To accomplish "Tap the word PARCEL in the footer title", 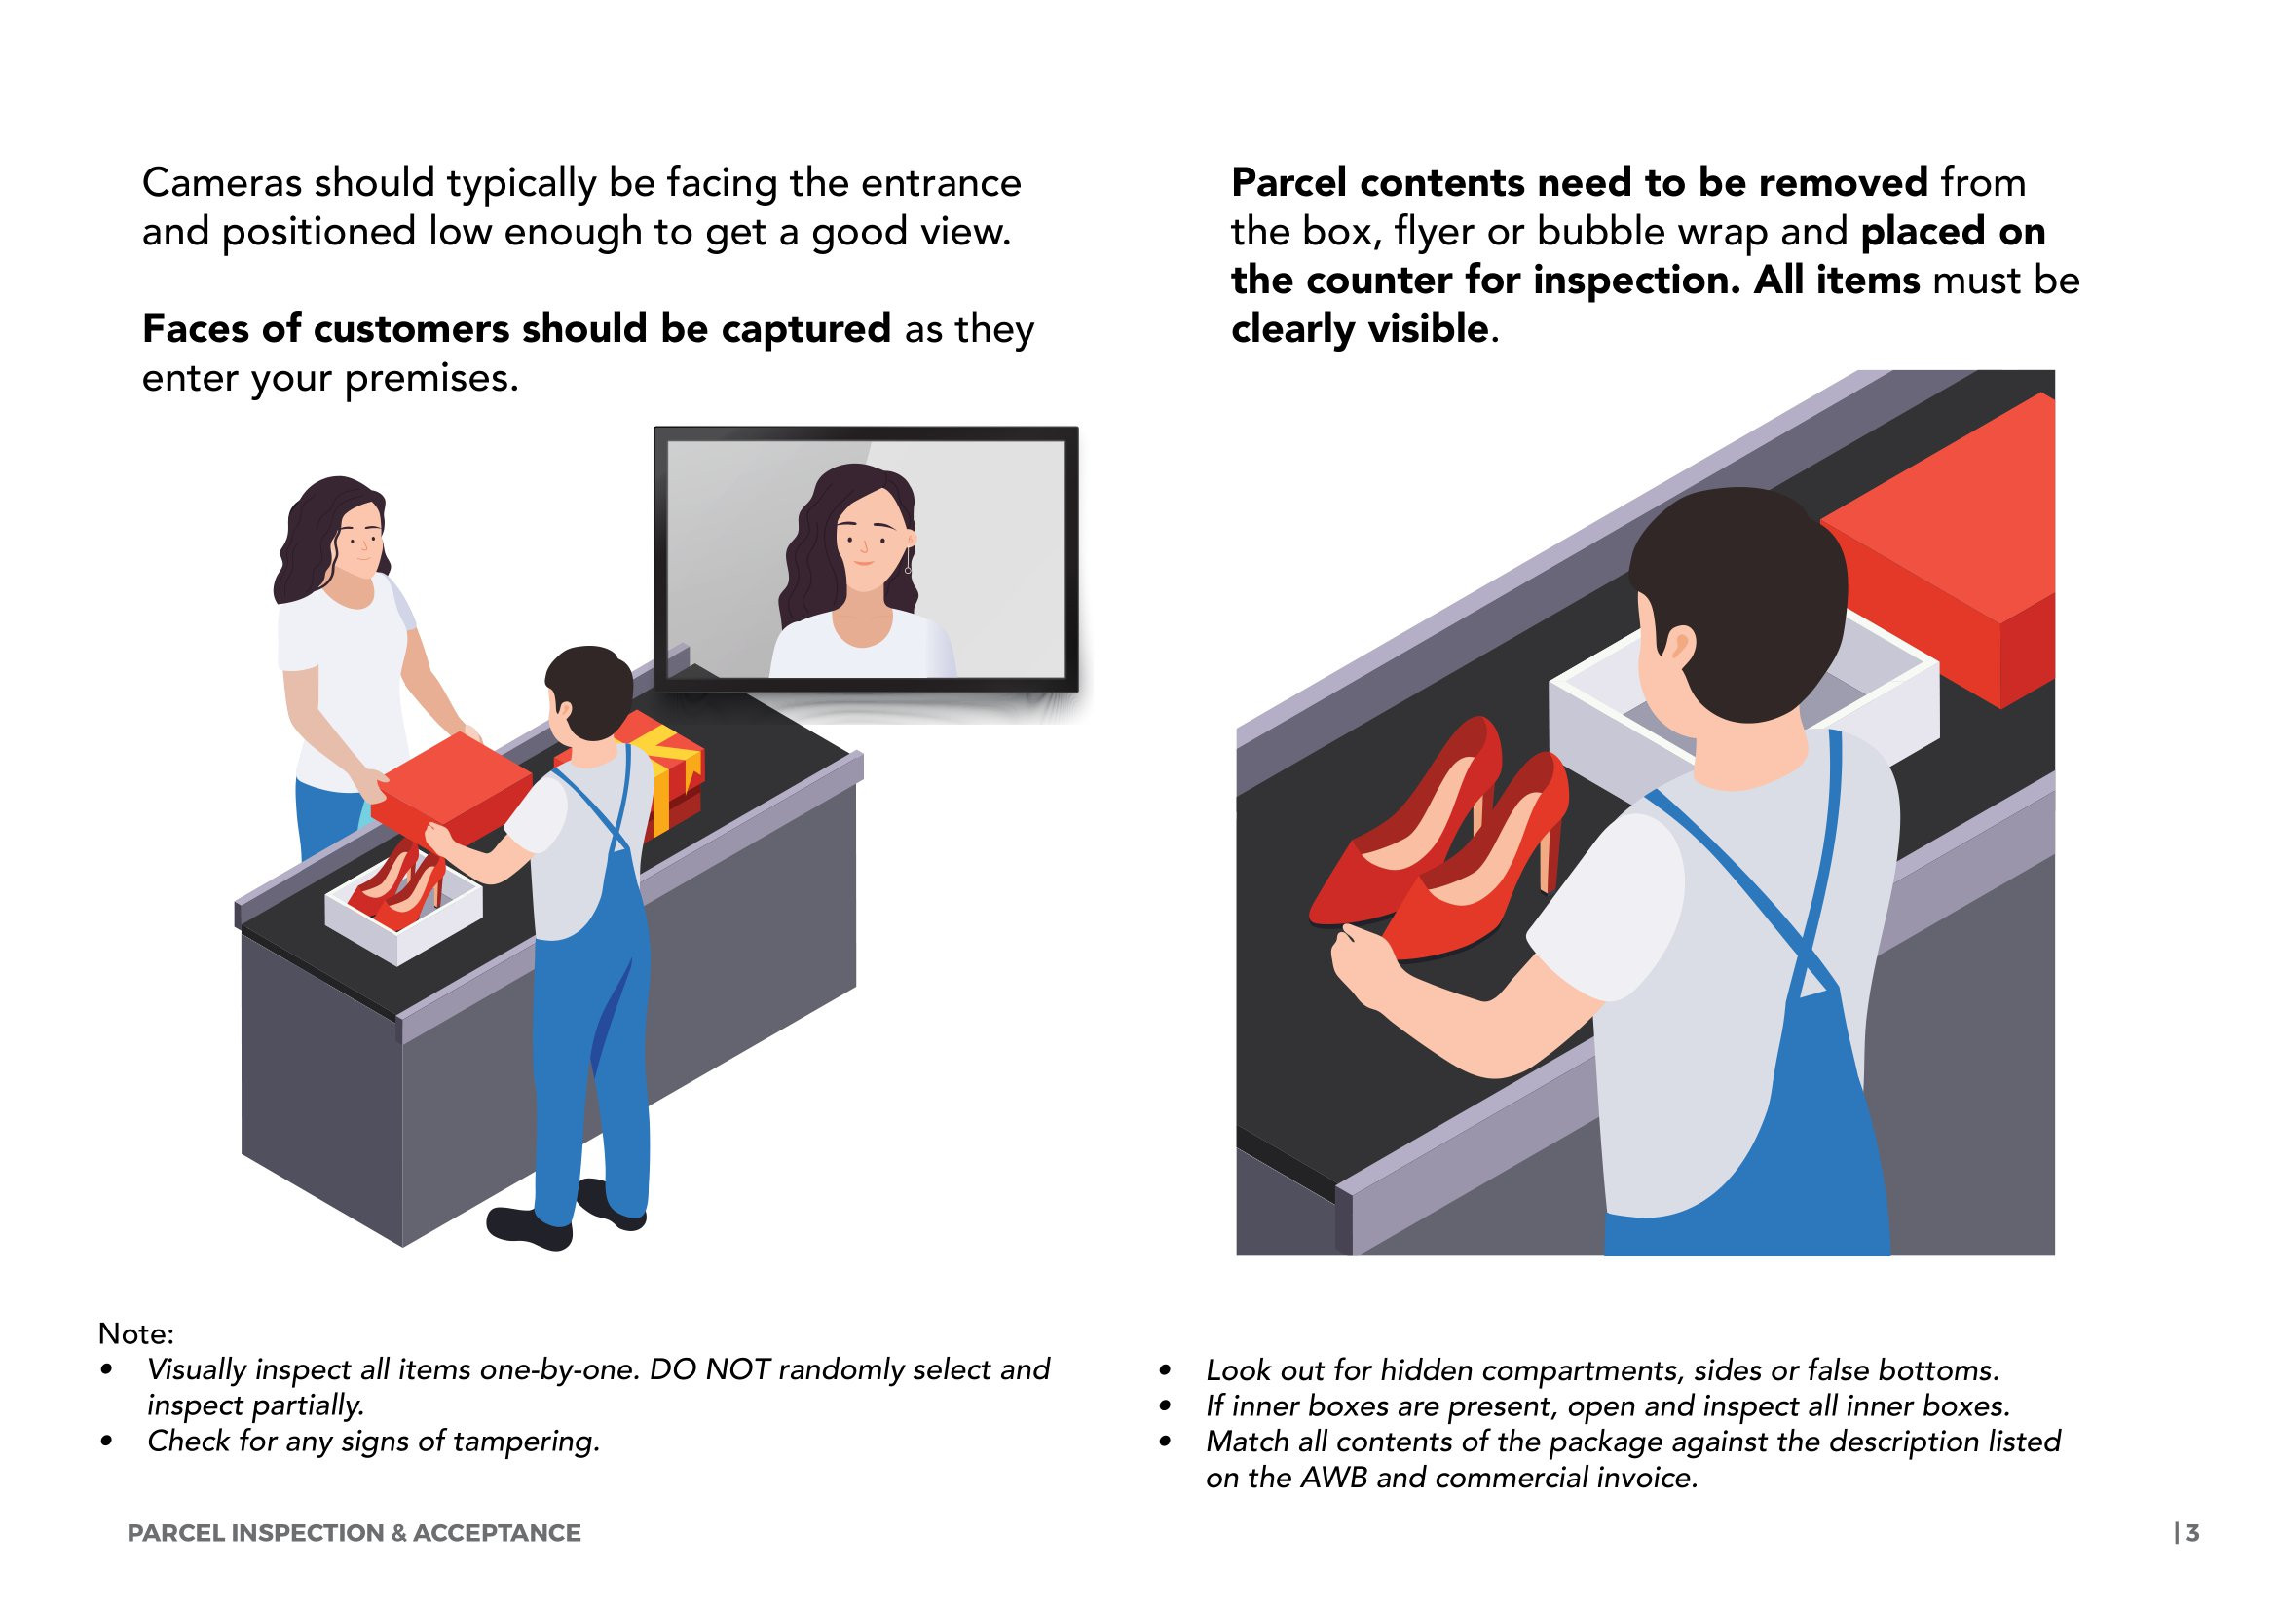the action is pyautogui.click(x=175, y=1533).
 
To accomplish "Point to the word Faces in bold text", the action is pyautogui.click(x=196, y=328).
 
